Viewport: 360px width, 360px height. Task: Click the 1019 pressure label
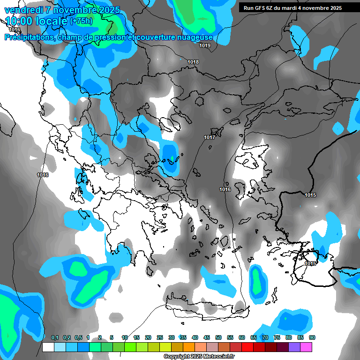click(x=205, y=45)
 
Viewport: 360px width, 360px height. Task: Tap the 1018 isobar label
click(x=193, y=62)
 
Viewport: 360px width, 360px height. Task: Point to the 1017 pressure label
click(x=210, y=137)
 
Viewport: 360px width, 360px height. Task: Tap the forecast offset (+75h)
click(x=81, y=21)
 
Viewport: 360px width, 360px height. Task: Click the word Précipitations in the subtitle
click(x=30, y=37)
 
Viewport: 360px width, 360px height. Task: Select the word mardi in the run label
click(x=292, y=8)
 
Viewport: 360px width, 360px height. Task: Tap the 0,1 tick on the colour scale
click(x=54, y=337)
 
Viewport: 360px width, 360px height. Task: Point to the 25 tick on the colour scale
click(x=159, y=337)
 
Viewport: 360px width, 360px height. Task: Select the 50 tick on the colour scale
click(x=218, y=337)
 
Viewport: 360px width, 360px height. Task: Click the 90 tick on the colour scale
click(x=312, y=337)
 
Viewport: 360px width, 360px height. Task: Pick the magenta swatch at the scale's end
click(x=306, y=347)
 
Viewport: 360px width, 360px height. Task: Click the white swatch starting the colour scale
click(x=48, y=347)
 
